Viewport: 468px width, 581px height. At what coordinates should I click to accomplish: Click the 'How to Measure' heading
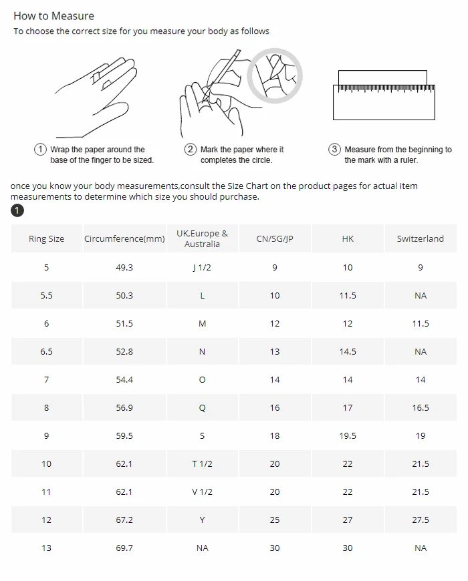coord(53,16)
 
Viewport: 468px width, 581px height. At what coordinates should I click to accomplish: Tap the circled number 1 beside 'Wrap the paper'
coord(40,150)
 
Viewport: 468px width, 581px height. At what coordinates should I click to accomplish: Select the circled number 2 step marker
coord(191,150)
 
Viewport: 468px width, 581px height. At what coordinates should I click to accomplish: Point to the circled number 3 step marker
coord(334,150)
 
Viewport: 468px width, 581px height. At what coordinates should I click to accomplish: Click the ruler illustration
coord(384,95)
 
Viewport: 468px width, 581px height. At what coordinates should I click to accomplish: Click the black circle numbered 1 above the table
coord(17,210)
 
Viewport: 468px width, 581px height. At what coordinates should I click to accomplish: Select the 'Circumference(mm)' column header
coord(124,238)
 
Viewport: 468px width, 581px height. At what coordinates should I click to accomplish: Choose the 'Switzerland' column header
coord(420,238)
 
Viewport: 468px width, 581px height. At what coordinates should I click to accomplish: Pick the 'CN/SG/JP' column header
coord(275,238)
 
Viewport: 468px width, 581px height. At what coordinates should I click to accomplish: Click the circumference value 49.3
coord(124,268)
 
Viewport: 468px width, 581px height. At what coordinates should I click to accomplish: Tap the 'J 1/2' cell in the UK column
coord(202,268)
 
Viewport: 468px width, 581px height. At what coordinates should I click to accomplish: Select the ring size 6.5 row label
coord(46,352)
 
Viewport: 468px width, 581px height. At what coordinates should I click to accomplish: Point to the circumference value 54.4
coord(124,380)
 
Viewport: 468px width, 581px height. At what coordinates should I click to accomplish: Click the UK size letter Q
coord(202,408)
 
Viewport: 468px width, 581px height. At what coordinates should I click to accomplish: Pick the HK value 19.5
coord(348,435)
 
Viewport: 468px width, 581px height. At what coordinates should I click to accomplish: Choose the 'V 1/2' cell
coord(202,492)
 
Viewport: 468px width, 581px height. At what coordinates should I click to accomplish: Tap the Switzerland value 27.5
coord(420,520)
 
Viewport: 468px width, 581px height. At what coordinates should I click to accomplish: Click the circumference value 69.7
coord(124,548)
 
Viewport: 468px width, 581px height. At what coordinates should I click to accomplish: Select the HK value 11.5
coord(348,296)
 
